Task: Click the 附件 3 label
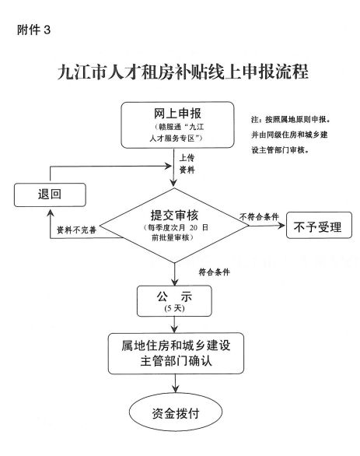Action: coord(33,30)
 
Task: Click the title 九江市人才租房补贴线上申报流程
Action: coord(183,72)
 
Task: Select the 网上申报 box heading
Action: coord(177,114)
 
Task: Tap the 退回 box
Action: coord(50,195)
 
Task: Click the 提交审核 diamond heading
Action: coord(174,216)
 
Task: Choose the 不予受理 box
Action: coord(319,226)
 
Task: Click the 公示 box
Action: coord(174,301)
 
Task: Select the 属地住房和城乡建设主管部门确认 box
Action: coord(176,353)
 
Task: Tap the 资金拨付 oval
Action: coord(176,412)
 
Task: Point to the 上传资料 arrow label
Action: coord(187,163)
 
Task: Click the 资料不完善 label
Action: coord(76,230)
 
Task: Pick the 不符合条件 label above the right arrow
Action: coord(259,216)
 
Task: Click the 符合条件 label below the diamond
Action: coord(214,272)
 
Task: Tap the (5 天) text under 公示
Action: coord(174,308)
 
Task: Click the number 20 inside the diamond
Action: coord(194,227)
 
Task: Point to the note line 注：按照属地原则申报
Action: coord(291,120)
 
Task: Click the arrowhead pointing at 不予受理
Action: coord(281,226)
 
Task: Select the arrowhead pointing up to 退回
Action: coord(51,213)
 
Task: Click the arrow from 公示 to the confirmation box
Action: coord(174,324)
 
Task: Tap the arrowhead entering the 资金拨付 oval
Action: coord(175,388)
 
